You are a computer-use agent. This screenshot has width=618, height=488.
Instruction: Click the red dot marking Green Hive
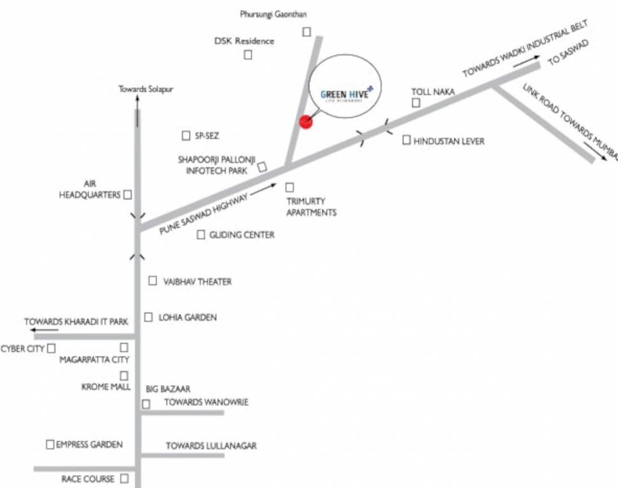click(x=306, y=122)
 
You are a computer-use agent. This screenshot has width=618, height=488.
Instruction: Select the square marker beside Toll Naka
click(x=416, y=104)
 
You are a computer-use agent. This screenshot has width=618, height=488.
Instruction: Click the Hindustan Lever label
click(x=449, y=141)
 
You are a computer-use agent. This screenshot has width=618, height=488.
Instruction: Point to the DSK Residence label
click(x=244, y=41)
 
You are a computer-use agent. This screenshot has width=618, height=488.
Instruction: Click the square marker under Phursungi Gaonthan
click(x=307, y=31)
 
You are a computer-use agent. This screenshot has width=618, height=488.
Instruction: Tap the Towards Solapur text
click(x=146, y=90)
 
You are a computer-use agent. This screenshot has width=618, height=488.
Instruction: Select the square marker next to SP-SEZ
click(x=186, y=136)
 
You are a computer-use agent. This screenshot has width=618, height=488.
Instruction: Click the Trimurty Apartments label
click(x=311, y=207)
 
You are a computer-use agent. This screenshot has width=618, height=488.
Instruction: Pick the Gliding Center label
click(x=242, y=235)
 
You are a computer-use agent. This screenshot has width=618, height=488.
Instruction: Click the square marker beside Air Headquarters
click(x=128, y=194)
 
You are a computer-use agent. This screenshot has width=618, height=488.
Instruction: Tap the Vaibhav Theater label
click(x=198, y=281)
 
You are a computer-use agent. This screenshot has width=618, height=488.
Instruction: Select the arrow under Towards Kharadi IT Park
click(x=43, y=330)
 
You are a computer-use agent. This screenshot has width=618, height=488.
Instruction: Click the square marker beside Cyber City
click(x=52, y=348)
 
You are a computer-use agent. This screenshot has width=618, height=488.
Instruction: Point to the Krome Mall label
click(x=106, y=387)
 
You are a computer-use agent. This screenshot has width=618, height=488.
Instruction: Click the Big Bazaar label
click(x=168, y=389)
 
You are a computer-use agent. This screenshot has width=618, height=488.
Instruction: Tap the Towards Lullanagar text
click(x=211, y=446)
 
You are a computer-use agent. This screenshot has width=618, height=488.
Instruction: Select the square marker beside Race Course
click(x=125, y=478)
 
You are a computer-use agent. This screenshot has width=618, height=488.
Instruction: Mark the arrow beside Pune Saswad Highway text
click(x=266, y=187)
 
